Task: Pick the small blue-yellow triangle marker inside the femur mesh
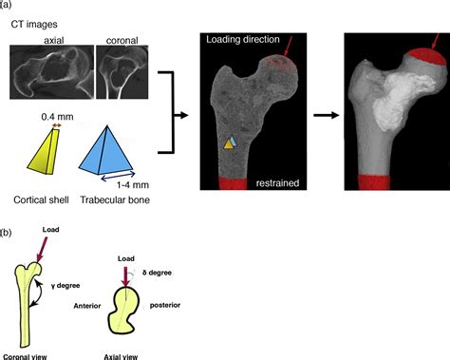pos(228,142)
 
